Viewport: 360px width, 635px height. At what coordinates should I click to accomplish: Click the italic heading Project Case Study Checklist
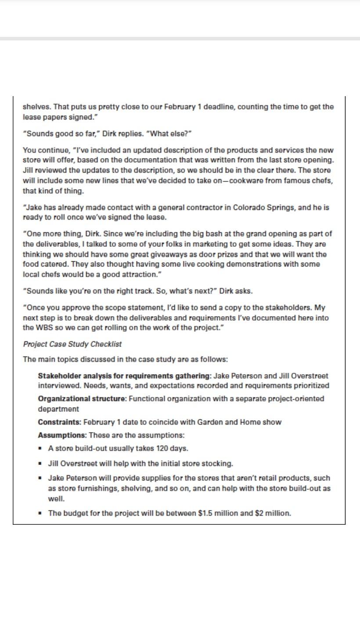[x=72, y=344]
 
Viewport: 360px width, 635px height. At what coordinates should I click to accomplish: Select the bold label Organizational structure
[x=82, y=399]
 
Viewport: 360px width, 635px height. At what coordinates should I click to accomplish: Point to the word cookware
[x=244, y=180]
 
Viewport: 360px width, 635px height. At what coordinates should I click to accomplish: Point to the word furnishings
[x=92, y=488]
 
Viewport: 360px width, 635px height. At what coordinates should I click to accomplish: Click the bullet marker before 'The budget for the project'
[x=40, y=513]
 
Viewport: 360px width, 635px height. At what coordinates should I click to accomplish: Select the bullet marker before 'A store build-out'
[x=40, y=448]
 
